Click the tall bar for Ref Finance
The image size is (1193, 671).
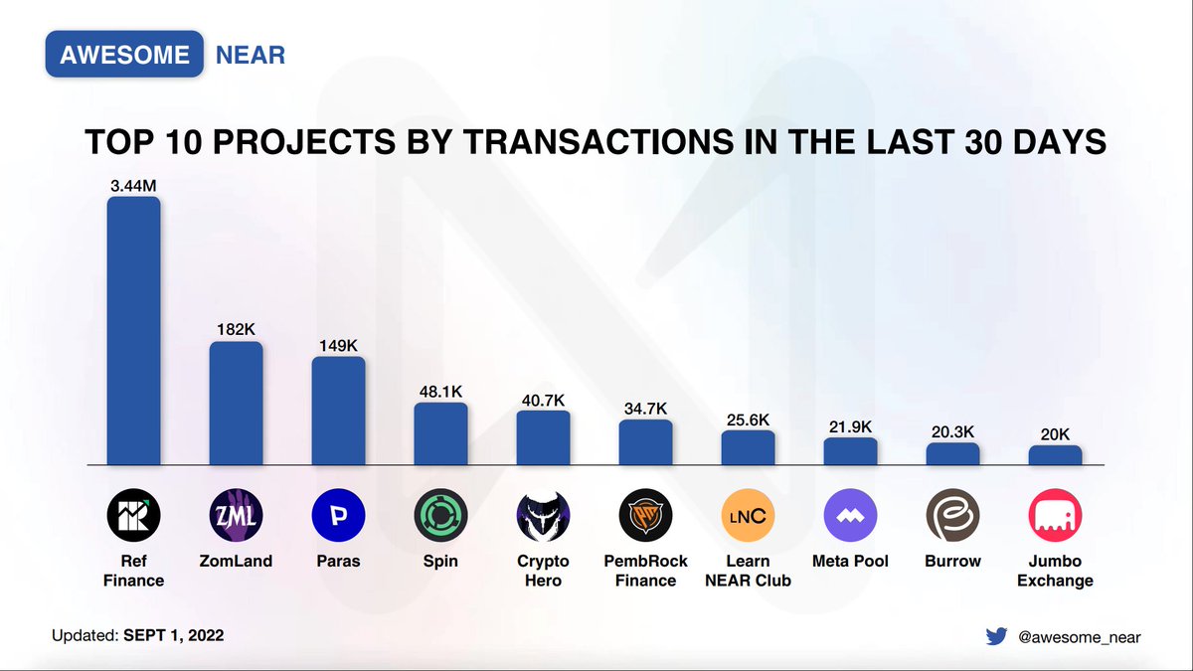pos(133,330)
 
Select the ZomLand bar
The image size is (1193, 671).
pos(236,403)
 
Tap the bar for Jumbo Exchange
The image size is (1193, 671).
pos(1055,455)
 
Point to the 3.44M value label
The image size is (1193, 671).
pos(133,184)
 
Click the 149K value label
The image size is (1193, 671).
pos(338,345)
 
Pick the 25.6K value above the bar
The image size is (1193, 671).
pos(748,419)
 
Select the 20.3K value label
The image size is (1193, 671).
pos(952,431)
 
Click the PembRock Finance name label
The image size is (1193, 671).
pos(645,571)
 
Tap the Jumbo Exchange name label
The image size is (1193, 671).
pos(1055,571)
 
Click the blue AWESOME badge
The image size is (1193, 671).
pos(124,54)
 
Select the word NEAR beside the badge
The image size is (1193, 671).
pos(251,55)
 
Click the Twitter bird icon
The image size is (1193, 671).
pos(997,636)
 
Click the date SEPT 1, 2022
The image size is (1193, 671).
pos(174,635)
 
